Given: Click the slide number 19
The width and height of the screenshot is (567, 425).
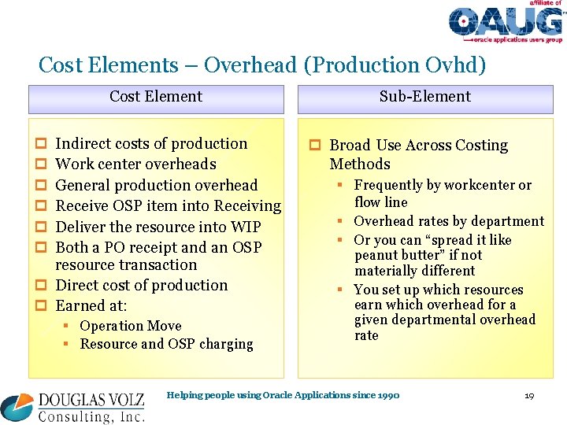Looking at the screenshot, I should click(529, 395).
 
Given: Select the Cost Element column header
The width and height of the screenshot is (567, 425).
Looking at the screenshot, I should click(156, 97).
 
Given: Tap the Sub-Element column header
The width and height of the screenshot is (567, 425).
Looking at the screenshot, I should click(424, 97).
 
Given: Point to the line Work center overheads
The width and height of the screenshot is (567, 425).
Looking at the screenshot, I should click(135, 164).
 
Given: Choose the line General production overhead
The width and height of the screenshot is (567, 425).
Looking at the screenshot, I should click(157, 186).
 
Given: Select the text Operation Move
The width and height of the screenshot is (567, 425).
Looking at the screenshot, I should click(131, 326).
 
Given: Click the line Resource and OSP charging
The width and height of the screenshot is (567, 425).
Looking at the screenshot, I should click(166, 344).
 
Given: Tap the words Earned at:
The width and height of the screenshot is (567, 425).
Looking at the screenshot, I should click(91, 306).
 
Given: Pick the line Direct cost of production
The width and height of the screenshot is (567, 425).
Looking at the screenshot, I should click(142, 286).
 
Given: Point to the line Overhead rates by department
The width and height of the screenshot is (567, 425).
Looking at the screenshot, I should click(449, 221).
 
